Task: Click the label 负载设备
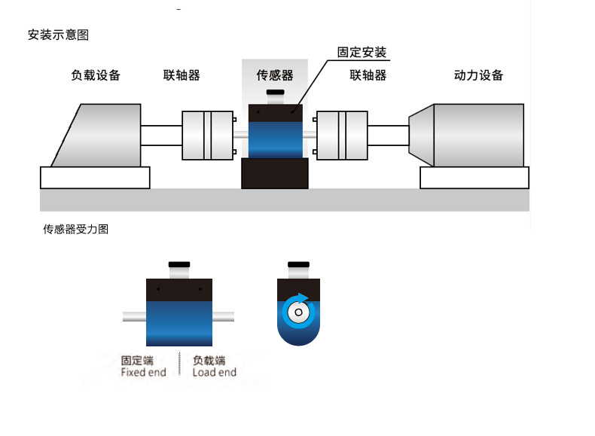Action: (x=96, y=75)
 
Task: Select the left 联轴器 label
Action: (x=182, y=75)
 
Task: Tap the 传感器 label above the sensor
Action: (x=274, y=75)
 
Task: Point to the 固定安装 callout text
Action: (x=362, y=53)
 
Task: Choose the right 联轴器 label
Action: (x=368, y=75)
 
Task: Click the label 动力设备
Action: (x=478, y=75)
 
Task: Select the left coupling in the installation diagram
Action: (x=207, y=135)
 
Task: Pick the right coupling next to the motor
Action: (x=341, y=135)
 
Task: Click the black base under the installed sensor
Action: (x=274, y=174)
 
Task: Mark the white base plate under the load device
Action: (x=95, y=178)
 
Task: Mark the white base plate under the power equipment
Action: (x=474, y=178)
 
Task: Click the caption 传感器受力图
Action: (x=75, y=230)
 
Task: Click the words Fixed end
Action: (x=143, y=372)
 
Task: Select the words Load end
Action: (x=214, y=372)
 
